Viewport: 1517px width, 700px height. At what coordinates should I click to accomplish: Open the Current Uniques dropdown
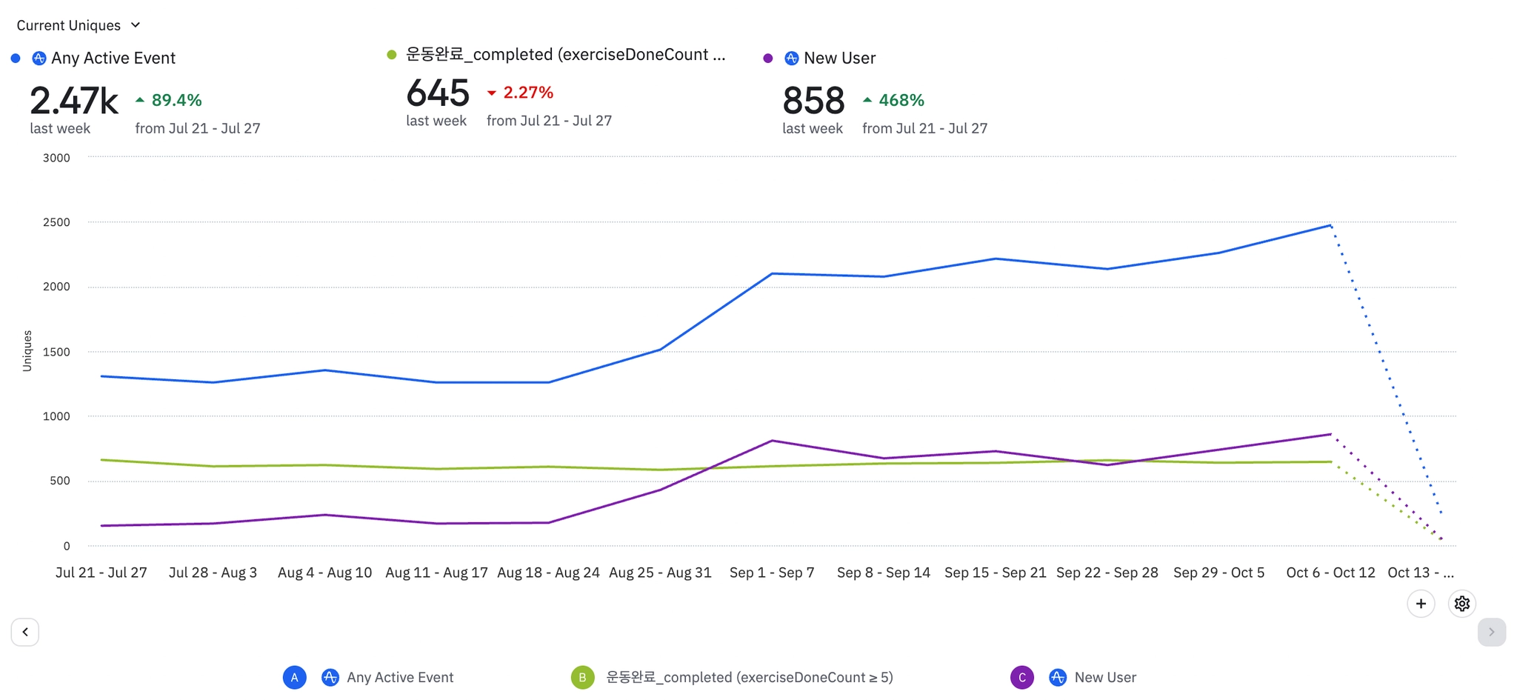pos(79,25)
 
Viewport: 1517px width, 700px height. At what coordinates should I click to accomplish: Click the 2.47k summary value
pos(74,101)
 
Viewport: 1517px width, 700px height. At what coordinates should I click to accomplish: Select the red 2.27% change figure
pos(527,93)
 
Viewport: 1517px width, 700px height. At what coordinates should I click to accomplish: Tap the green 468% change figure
pos(901,100)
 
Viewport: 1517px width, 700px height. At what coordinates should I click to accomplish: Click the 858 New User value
pos(813,101)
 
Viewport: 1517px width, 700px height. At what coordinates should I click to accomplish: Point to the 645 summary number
pos(438,93)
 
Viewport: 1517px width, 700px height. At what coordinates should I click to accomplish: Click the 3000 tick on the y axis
pos(56,158)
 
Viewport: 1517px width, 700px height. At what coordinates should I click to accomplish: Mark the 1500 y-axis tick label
pos(56,352)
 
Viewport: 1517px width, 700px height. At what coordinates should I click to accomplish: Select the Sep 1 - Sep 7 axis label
pos(772,573)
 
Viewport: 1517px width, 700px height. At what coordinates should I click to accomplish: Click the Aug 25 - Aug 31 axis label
pos(660,573)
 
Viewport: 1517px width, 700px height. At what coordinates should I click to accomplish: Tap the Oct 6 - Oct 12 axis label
pos(1330,573)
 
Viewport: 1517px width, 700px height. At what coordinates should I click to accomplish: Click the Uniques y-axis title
pos(27,350)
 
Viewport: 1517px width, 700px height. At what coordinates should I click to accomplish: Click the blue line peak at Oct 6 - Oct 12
pos(1330,225)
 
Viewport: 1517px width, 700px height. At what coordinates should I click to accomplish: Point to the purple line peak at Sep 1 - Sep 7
pos(772,441)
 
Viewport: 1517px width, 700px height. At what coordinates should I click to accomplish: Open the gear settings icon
pos(1461,604)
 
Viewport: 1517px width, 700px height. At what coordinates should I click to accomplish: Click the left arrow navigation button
pos(25,632)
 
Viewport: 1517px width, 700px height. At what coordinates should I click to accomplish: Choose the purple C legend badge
pos(1022,677)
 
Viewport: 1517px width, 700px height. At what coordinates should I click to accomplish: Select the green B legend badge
pos(582,677)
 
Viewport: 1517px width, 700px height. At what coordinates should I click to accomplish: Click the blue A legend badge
pos(295,677)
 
